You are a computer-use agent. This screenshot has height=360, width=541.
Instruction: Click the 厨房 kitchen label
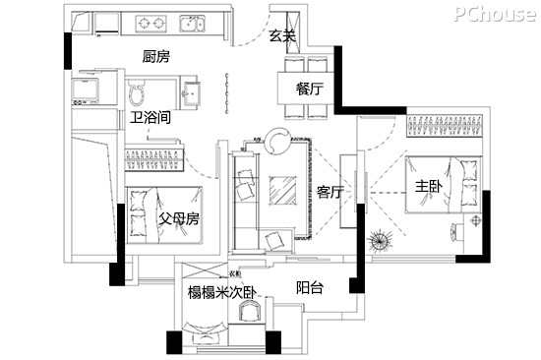coord(156,57)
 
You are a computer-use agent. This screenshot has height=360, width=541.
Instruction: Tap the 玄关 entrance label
coord(282,35)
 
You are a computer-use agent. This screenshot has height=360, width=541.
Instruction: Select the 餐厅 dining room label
coord(310,90)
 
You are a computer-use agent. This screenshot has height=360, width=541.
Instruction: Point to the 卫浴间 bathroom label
coord(150,118)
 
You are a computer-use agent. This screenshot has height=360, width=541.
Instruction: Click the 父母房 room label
coord(179,218)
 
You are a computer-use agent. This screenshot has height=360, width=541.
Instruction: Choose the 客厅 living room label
coord(331,192)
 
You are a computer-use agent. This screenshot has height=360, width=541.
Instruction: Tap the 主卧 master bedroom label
coord(429,187)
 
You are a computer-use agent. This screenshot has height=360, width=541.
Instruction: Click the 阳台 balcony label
coord(310,287)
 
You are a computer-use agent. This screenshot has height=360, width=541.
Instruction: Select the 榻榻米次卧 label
coord(222,293)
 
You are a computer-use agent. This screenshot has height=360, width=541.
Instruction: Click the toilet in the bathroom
coord(137,92)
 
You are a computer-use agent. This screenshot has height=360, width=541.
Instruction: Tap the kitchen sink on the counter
coord(192,24)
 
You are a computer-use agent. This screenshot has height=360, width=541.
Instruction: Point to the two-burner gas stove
coord(150,24)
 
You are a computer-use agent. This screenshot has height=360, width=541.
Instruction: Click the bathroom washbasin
coord(191,93)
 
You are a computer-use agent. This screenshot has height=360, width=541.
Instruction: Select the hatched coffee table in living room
coord(282,191)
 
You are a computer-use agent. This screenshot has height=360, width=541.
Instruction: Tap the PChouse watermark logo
coord(496,14)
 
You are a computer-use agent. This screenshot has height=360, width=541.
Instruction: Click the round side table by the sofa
coord(278,141)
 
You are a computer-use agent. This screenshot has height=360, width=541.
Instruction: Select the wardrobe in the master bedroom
coord(445,125)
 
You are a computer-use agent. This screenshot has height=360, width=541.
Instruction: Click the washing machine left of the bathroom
coord(86,90)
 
